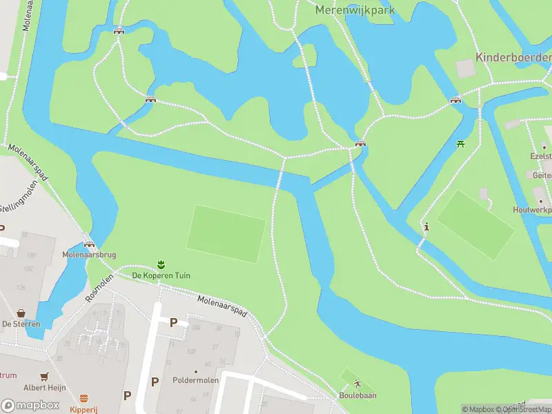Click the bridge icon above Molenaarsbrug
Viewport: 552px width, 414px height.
[x=89, y=244]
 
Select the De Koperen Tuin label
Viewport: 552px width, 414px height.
[x=161, y=275]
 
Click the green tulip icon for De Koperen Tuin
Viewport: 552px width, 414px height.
[x=161, y=264]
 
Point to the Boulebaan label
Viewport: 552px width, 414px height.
[x=357, y=395]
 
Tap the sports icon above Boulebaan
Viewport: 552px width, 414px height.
[x=357, y=384]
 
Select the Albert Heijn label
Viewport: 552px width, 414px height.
[x=44, y=388]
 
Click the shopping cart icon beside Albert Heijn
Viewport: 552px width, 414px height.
[x=44, y=377]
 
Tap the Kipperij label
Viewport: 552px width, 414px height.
[x=84, y=409]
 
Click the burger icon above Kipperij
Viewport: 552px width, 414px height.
[x=84, y=398]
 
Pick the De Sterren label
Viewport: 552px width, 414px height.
[x=21, y=324]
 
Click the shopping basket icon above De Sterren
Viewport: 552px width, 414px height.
[x=21, y=313]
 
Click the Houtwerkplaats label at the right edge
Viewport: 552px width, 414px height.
[x=532, y=209]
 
